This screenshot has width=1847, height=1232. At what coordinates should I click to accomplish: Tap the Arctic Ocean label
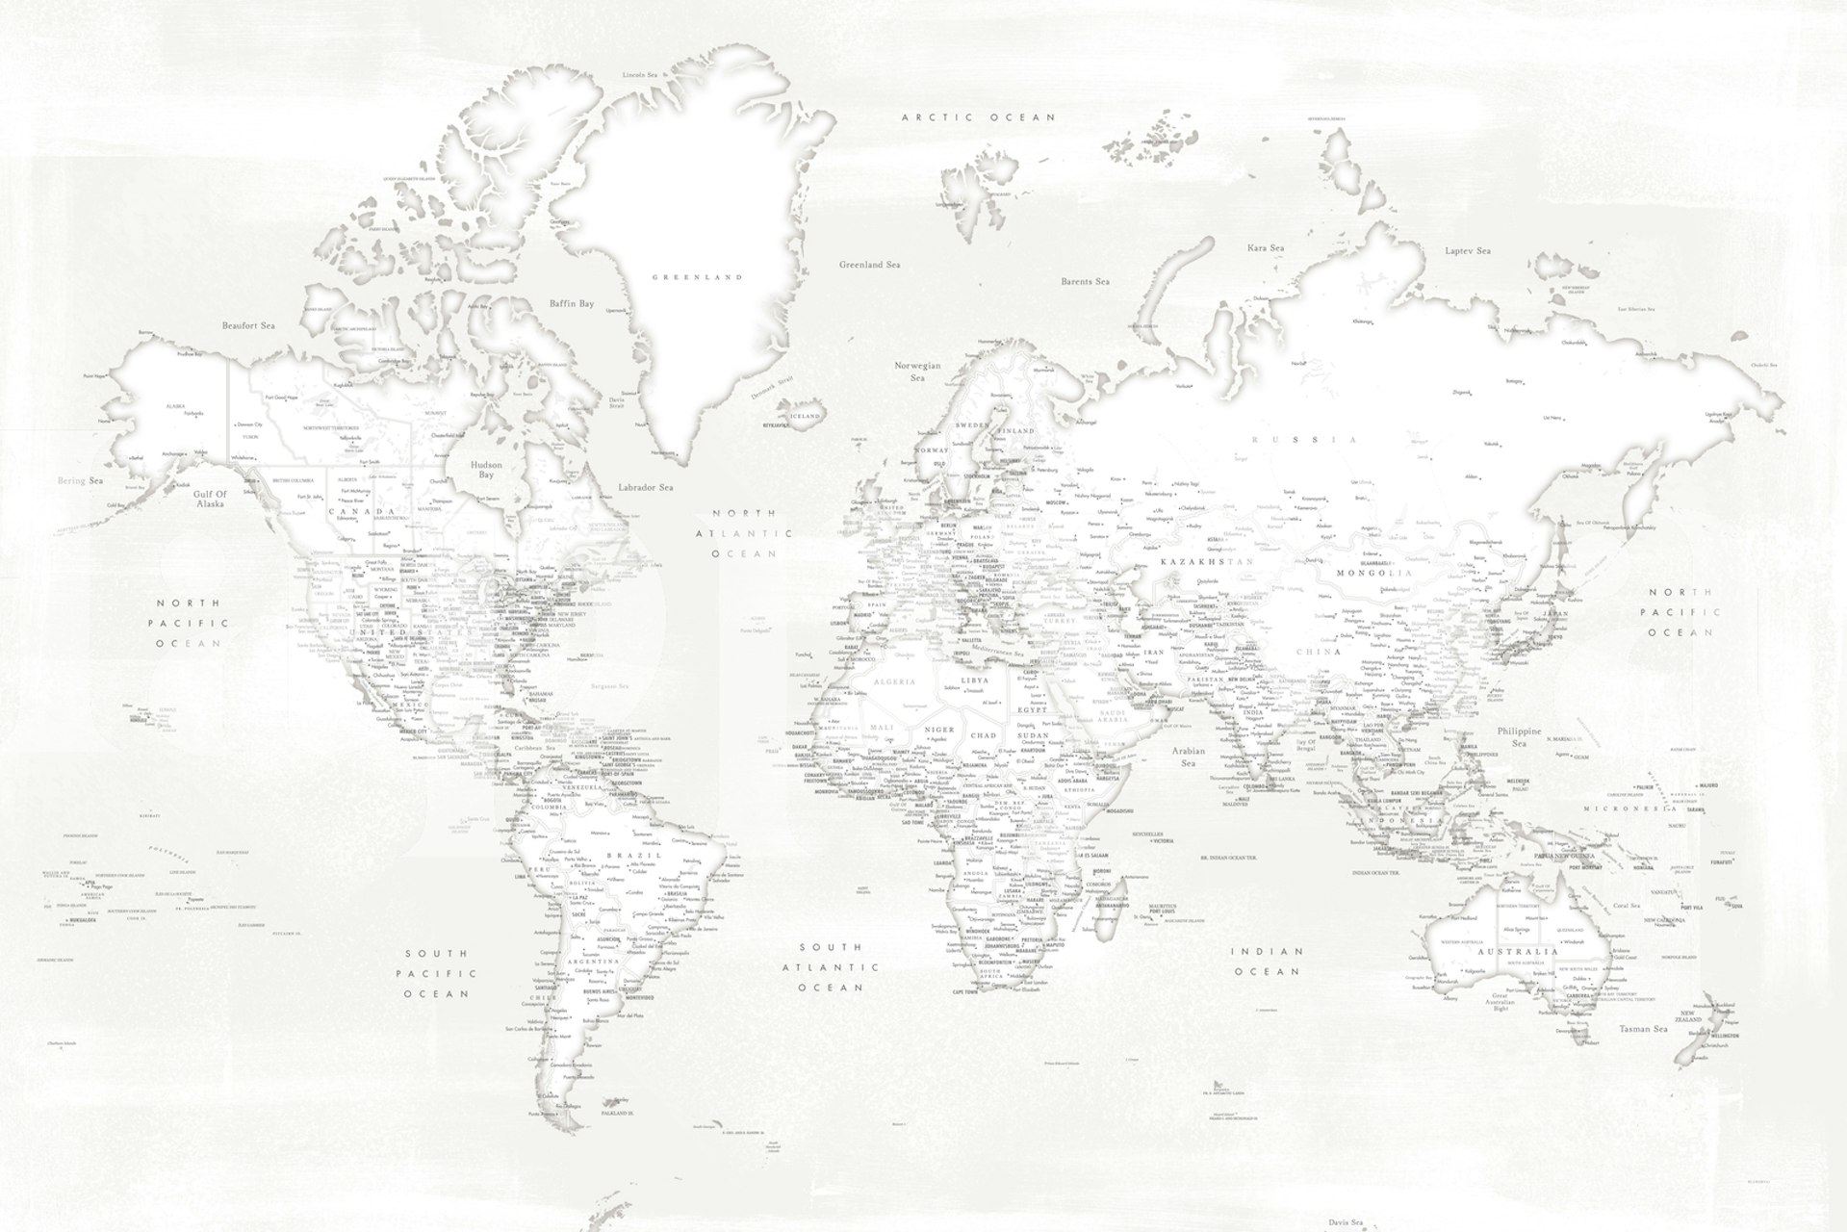pyautogui.click(x=978, y=117)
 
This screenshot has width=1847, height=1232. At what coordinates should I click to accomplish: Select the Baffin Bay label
pyautogui.click(x=572, y=303)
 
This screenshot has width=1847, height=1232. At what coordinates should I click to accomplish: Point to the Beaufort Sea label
pyautogui.click(x=248, y=326)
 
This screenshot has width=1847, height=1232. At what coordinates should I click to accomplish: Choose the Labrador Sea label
pyautogui.click(x=646, y=488)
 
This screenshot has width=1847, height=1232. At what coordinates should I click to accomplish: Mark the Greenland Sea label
pyautogui.click(x=869, y=264)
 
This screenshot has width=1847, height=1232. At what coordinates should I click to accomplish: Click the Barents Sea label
pyautogui.click(x=1085, y=282)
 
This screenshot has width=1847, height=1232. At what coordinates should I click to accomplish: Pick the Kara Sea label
pyautogui.click(x=1266, y=248)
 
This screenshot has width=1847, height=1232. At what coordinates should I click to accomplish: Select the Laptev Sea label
pyautogui.click(x=1467, y=251)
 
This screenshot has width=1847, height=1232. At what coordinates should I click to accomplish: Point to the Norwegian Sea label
pyautogui.click(x=917, y=372)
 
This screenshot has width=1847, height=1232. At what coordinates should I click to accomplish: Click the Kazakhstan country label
pyautogui.click(x=1208, y=561)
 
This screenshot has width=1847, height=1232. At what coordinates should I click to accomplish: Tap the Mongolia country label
pyautogui.click(x=1373, y=573)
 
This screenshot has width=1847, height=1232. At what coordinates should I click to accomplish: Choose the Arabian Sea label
pyautogui.click(x=1189, y=757)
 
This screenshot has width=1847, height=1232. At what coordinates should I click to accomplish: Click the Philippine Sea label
pyautogui.click(x=1519, y=737)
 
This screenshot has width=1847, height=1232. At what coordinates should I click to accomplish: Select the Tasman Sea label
pyautogui.click(x=1643, y=1029)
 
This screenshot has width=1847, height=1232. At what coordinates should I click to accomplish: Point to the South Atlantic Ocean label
pyautogui.click(x=830, y=967)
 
